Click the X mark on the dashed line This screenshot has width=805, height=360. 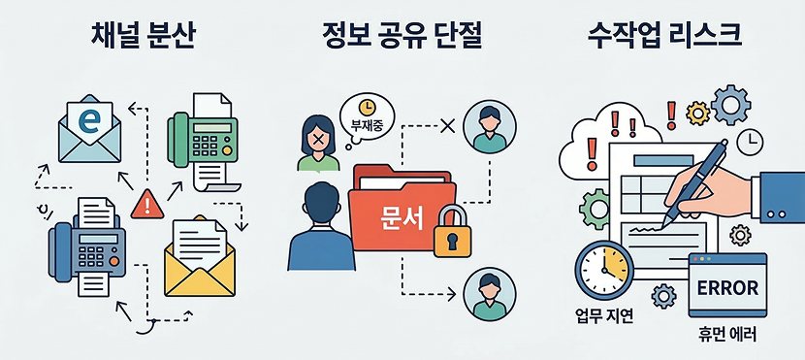click(x=447, y=125)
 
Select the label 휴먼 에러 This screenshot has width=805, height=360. click(x=726, y=336)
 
